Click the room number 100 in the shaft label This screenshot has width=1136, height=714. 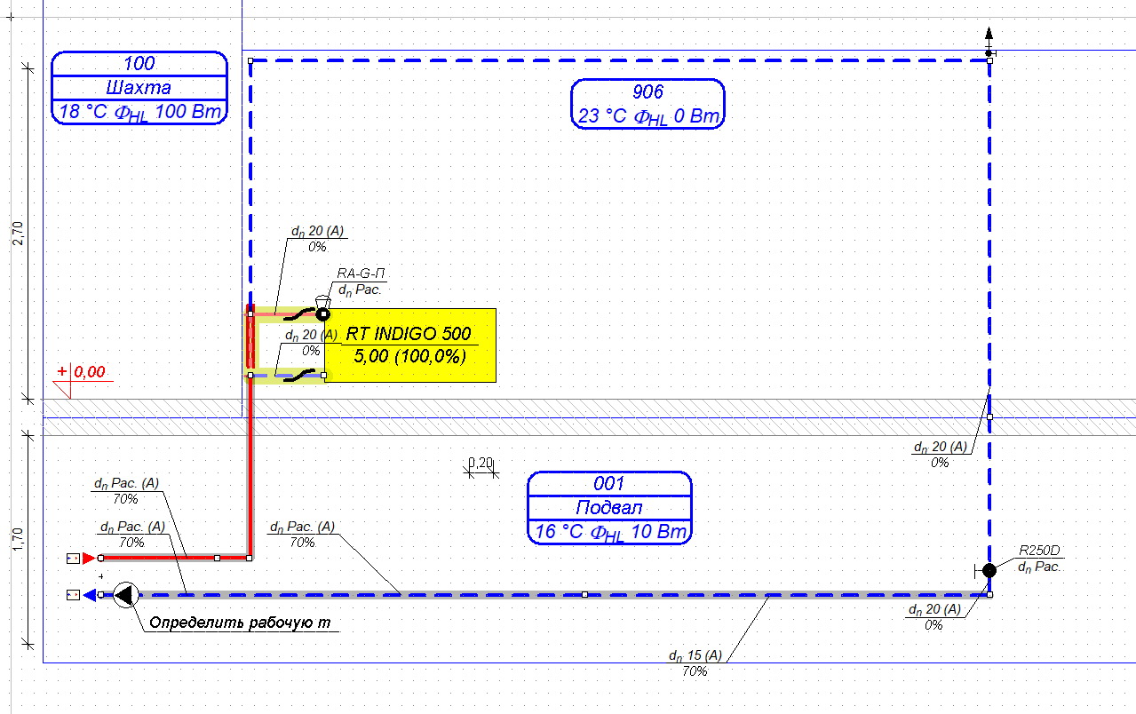click(x=139, y=63)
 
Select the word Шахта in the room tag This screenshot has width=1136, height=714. click(x=139, y=88)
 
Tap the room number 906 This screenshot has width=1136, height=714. click(x=647, y=91)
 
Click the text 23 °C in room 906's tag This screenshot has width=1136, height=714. click(x=602, y=116)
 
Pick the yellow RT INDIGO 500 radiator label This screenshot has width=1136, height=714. click(x=410, y=345)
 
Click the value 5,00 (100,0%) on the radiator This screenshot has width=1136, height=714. click(x=409, y=356)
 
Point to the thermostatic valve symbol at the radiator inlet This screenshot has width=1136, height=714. click(x=322, y=309)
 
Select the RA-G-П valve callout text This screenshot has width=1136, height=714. click(x=361, y=274)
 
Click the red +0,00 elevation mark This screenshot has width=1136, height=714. click(x=82, y=372)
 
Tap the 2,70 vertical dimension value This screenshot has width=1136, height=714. click(x=18, y=234)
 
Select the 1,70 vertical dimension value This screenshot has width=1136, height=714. click(x=18, y=539)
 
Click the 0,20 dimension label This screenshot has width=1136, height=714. click(x=481, y=463)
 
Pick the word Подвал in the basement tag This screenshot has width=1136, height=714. click(x=609, y=508)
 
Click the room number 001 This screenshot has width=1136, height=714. click(x=608, y=483)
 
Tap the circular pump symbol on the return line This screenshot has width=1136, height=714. click(x=125, y=595)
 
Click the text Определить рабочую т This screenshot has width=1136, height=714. click(x=240, y=623)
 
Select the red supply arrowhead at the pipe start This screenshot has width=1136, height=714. click(x=89, y=559)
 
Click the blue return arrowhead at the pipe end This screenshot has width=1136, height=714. click(x=90, y=595)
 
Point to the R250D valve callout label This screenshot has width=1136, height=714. click(x=1039, y=551)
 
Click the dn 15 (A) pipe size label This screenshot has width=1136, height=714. click(x=695, y=655)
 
